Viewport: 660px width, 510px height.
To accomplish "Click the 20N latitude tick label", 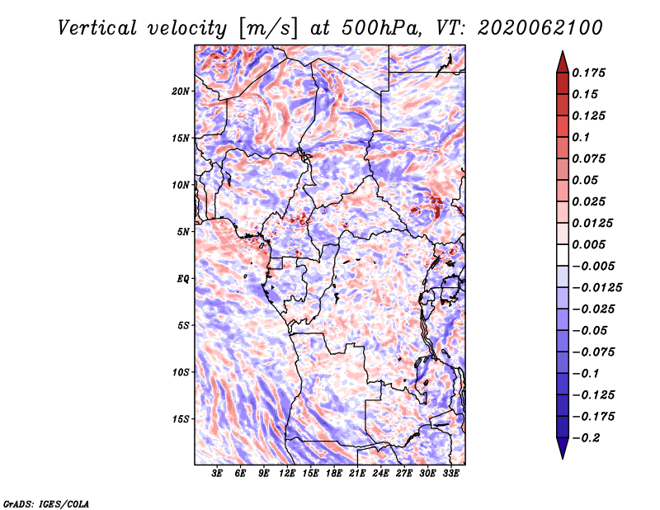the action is tap(180, 92).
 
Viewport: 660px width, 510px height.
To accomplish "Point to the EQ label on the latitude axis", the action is tap(183, 279).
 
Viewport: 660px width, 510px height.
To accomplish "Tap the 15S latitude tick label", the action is tap(181, 419).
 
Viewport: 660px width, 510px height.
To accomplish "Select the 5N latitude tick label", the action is tap(183, 232).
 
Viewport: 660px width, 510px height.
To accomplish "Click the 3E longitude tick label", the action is tap(217, 473).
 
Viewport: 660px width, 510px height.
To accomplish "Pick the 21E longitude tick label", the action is tap(357, 473).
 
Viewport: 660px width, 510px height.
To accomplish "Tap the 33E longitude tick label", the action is tap(450, 473).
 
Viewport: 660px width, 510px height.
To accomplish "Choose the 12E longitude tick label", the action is tap(287, 473).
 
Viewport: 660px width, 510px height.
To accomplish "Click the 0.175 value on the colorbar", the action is tap(588, 73).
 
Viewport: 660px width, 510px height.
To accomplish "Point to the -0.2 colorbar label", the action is tap(586, 438).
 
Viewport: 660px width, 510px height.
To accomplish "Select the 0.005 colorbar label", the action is tap(588, 244).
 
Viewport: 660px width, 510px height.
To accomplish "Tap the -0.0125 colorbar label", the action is tap(596, 288).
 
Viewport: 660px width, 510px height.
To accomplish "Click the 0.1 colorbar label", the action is tap(581, 137).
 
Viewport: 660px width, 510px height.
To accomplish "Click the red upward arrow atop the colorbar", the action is tap(563, 63).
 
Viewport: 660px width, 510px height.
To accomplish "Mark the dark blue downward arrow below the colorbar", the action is tap(563, 448).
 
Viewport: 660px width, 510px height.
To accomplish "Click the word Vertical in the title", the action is tap(97, 28).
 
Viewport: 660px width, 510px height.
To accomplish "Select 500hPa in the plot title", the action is tap(381, 28).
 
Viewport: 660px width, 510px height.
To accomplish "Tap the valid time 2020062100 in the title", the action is tap(540, 28).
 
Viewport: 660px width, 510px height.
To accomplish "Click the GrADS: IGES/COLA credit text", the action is tap(46, 503).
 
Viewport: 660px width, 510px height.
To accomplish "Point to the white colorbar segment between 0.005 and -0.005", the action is tap(563, 255).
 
